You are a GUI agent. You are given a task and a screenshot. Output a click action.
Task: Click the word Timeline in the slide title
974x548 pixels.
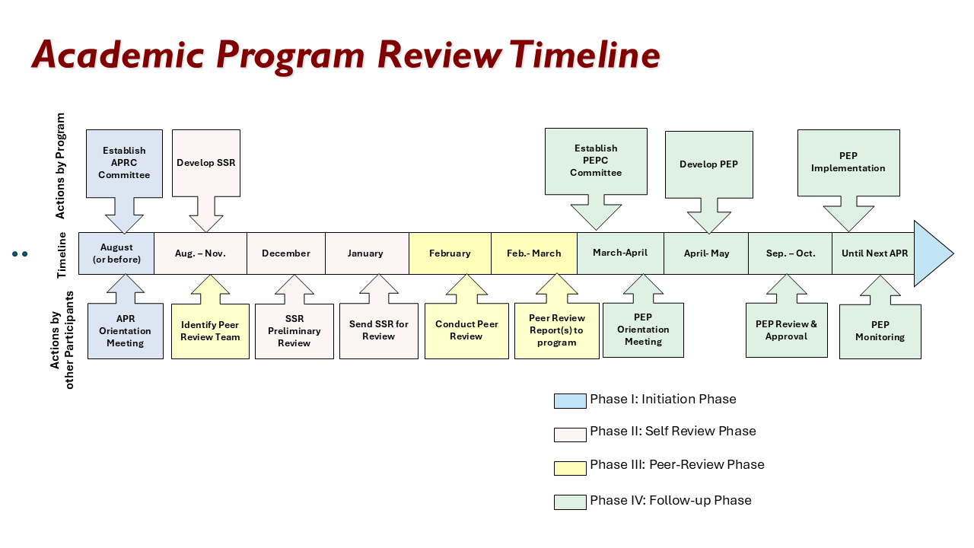pyautogui.click(x=584, y=55)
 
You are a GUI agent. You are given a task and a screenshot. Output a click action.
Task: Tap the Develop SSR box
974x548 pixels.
pyautogui.click(x=205, y=163)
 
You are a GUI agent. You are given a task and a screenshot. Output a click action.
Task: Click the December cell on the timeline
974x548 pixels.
pyautogui.click(x=286, y=253)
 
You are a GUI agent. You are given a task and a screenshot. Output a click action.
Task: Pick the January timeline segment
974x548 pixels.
pyautogui.click(x=366, y=253)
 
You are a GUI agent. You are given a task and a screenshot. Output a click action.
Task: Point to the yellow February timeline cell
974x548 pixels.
pyautogui.click(x=450, y=253)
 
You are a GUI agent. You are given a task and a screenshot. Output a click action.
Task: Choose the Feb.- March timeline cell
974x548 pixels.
pyautogui.click(x=533, y=253)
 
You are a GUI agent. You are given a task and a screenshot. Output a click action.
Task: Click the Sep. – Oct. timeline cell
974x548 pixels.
pyautogui.click(x=790, y=253)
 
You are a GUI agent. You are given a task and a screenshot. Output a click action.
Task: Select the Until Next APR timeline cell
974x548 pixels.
pyautogui.click(x=874, y=253)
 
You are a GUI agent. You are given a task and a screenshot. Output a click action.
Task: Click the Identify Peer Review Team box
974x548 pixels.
pyautogui.click(x=210, y=331)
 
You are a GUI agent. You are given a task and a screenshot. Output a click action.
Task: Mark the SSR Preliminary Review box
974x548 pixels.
pyautogui.click(x=294, y=331)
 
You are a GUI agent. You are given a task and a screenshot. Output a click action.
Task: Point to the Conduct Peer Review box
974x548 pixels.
pyautogui.click(x=466, y=330)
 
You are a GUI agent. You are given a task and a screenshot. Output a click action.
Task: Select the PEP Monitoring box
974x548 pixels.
pyautogui.click(x=880, y=331)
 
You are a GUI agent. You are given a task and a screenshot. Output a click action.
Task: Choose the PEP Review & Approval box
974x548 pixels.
pyautogui.click(x=786, y=330)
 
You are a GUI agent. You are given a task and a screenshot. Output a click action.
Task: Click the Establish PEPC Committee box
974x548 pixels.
pyautogui.click(x=596, y=161)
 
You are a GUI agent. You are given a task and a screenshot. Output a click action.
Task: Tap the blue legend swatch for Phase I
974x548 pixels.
pyautogui.click(x=570, y=400)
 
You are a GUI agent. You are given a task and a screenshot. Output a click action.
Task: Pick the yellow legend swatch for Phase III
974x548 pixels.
pyautogui.click(x=570, y=467)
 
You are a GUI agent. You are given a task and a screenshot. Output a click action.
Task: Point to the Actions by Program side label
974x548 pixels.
pyautogui.click(x=61, y=165)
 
